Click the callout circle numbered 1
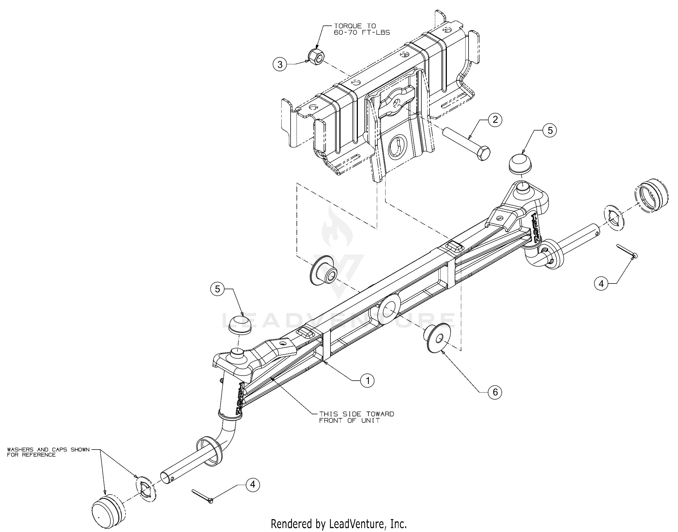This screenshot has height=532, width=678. pos(368,380)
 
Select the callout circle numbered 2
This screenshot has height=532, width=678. pos(495,120)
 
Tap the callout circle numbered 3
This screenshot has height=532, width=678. pos(280,65)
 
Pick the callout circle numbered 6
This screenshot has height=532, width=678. pos(495,392)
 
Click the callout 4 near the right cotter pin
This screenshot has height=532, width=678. pos(601,283)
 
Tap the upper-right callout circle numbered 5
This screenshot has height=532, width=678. pos(550,130)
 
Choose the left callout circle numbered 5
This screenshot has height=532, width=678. pos(217,289)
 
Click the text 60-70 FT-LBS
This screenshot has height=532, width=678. pos(362,32)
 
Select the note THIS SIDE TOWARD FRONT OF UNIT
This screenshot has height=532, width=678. pos(356,417)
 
